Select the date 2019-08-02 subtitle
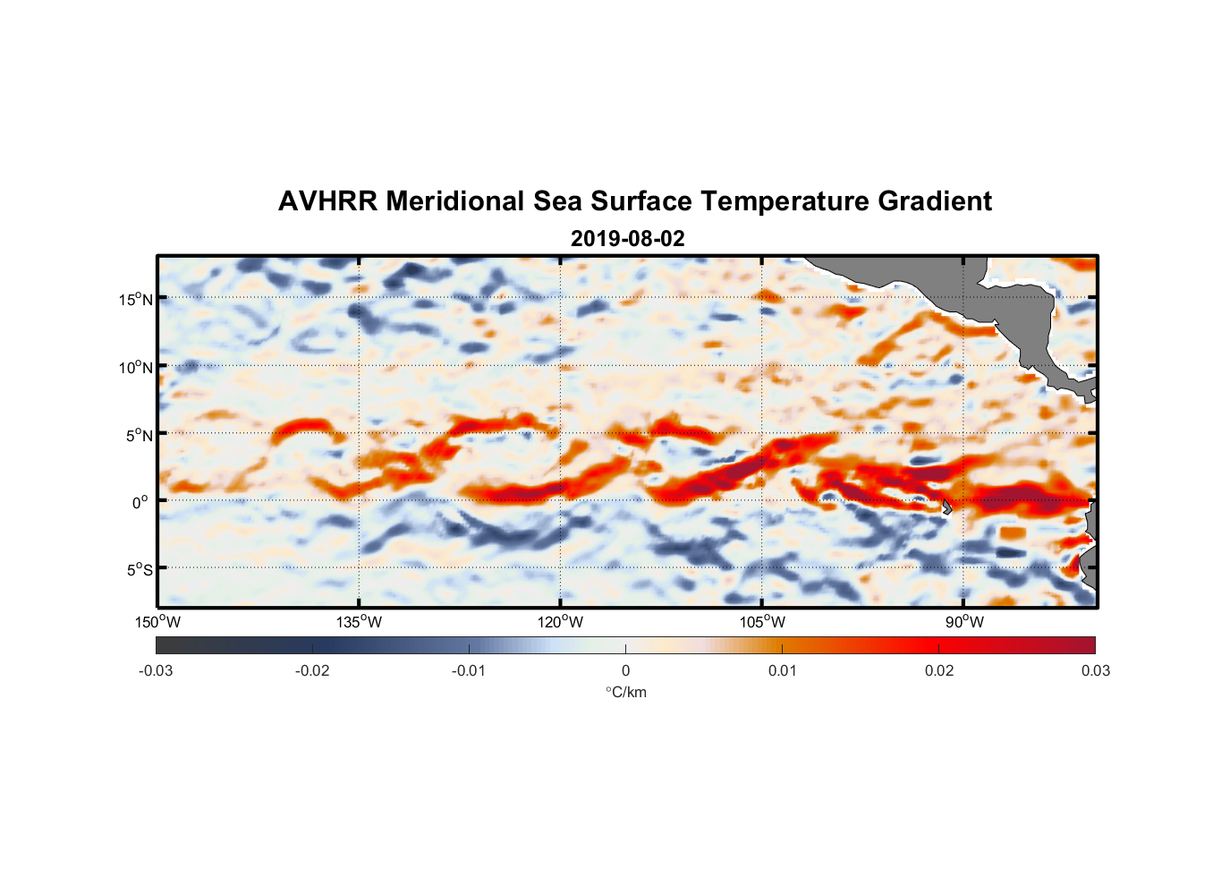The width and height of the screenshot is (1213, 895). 627,239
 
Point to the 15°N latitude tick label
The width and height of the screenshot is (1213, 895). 136,299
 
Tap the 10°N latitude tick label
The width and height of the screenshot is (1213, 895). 136,367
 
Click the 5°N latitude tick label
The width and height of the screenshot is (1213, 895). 139,435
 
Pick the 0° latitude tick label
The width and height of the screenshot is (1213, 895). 141,502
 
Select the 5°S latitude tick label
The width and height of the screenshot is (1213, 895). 139,569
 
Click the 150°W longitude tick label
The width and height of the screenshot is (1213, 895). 158,622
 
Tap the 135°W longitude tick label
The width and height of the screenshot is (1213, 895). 360,622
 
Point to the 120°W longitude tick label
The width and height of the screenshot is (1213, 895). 561,622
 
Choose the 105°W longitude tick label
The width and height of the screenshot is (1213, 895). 762,622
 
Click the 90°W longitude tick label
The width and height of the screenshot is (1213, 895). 964,622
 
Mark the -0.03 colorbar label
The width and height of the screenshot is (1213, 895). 156,670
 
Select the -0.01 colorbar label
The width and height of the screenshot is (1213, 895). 469,670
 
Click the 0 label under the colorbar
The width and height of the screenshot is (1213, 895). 625,670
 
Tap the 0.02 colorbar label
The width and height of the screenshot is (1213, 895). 939,670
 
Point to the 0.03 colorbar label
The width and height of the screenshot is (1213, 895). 1095,670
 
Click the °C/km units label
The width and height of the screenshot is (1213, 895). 626,692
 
